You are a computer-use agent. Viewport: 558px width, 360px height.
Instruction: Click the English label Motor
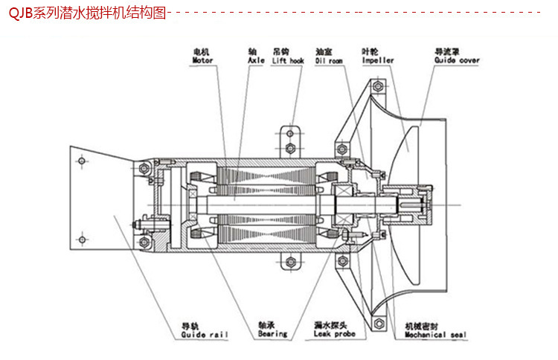pyautogui.click(x=203, y=60)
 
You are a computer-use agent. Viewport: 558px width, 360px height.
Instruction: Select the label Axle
pyautogui.click(x=256, y=60)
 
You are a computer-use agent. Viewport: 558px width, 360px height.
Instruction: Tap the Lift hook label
pyautogui.click(x=289, y=60)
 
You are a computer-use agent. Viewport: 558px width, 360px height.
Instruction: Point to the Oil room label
pyautogui.click(x=329, y=60)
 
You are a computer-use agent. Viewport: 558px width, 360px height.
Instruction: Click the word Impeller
pyautogui.click(x=378, y=60)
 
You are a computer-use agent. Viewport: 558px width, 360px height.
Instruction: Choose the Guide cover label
pyautogui.click(x=457, y=60)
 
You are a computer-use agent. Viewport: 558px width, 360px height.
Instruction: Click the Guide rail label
pyautogui.click(x=205, y=335)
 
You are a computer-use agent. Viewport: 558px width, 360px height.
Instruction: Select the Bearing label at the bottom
pyautogui.click(x=272, y=335)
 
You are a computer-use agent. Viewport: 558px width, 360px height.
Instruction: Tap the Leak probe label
pyautogui.click(x=335, y=335)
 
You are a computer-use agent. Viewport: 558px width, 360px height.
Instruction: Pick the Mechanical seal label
pyautogui.click(x=435, y=335)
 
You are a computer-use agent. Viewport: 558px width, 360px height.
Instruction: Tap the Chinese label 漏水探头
pyautogui.click(x=328, y=326)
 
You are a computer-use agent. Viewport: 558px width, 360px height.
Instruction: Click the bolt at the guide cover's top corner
pyautogui.click(x=380, y=88)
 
